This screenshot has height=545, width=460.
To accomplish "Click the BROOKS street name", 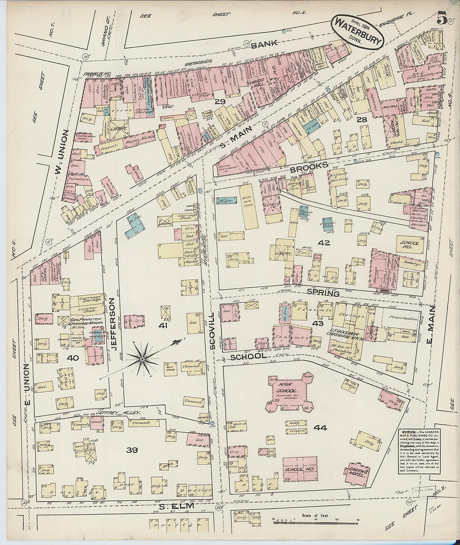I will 309,166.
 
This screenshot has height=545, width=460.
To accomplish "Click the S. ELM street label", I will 174,507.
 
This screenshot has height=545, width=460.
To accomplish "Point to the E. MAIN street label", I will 431,324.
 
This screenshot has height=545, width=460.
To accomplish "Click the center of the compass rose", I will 142,359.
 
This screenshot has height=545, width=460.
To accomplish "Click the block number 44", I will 321,428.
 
